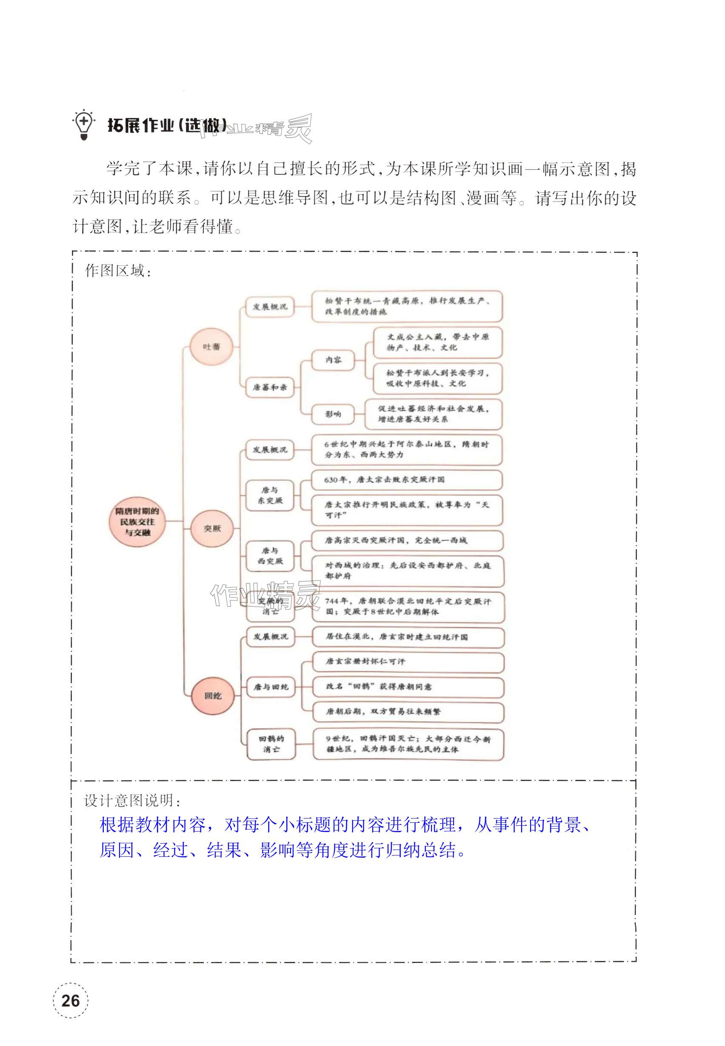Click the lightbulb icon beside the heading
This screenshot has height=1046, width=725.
[83, 125]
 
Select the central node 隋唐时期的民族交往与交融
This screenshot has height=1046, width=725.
[137, 522]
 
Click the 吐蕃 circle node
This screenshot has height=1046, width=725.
[212, 347]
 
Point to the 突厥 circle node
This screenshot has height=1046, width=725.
[212, 529]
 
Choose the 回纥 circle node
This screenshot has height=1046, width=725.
[213, 696]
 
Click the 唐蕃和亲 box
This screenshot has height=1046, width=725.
[270, 387]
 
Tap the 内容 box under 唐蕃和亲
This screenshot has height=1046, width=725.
[333, 360]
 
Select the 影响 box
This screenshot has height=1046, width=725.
[333, 414]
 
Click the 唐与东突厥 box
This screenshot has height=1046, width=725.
[270, 495]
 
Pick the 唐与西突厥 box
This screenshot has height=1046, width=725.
[270, 556]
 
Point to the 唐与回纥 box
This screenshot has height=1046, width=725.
[271, 687]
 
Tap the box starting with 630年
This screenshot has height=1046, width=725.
[407, 480]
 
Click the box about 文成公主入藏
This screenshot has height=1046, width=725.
[437, 342]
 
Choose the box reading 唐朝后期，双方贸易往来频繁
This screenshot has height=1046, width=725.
[408, 711]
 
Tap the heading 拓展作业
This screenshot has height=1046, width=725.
[141, 125]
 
